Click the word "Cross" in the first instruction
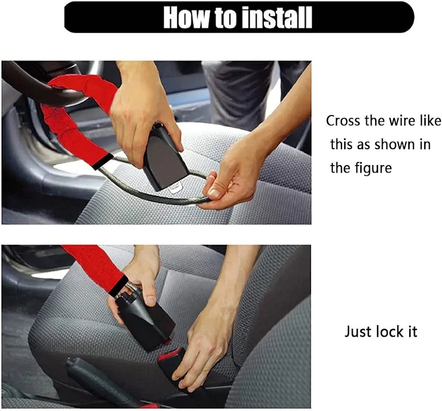(344, 121)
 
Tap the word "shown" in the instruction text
(389, 145)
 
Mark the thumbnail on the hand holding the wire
(214, 194)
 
